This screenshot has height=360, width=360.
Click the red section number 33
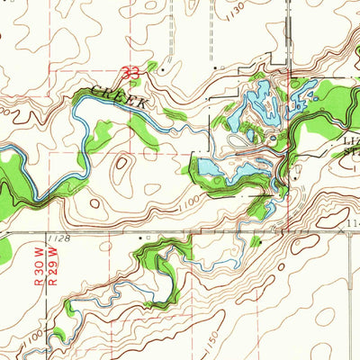click(131, 69)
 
